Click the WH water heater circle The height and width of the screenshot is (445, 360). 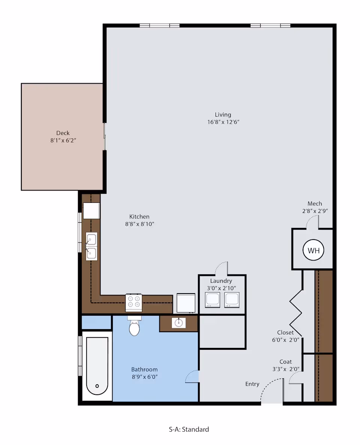[x=313, y=250]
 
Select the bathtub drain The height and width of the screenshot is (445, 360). [x=97, y=386]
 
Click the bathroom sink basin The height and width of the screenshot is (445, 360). [x=179, y=323]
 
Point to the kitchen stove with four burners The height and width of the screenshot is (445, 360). [x=134, y=302]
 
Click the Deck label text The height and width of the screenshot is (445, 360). [x=63, y=133]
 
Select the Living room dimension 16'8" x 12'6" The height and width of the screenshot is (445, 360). [x=223, y=122]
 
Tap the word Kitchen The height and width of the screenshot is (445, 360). [x=139, y=217]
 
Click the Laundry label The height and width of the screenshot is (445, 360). [x=221, y=281]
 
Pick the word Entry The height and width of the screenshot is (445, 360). [x=252, y=384]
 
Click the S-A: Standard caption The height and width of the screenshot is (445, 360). [x=189, y=429]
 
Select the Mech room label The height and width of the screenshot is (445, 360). [x=315, y=204]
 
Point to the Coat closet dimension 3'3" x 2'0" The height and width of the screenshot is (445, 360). [x=286, y=369]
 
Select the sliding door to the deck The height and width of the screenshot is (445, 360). [x=105, y=136]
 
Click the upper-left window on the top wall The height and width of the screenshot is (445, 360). [x=159, y=25]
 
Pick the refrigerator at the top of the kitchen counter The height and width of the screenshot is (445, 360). [x=91, y=211]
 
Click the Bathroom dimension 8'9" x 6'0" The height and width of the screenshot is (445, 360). [x=144, y=377]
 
